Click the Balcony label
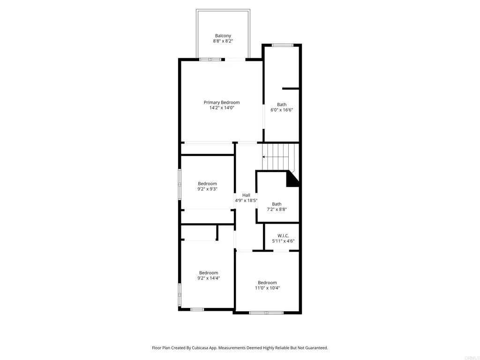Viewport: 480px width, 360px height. (x=223, y=36)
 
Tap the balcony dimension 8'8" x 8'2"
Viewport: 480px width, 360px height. (x=223, y=41)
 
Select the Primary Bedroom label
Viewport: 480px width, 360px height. (x=222, y=103)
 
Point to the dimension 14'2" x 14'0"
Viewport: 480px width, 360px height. (x=222, y=108)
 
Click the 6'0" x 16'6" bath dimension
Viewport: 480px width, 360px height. (x=282, y=110)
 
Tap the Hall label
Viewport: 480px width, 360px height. (x=246, y=195)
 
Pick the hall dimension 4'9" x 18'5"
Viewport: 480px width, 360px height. (x=246, y=201)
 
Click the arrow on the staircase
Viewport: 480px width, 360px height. (x=275, y=157)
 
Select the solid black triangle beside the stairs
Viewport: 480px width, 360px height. (x=292, y=179)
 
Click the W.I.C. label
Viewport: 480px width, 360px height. (x=283, y=236)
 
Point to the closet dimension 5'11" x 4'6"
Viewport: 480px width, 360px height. (x=283, y=241)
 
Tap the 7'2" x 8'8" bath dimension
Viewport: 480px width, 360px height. (x=277, y=210)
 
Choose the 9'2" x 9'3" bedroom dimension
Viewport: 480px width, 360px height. (x=207, y=189)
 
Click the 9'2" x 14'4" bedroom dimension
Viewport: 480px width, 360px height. (x=209, y=278)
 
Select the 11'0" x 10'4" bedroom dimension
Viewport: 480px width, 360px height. (x=267, y=288)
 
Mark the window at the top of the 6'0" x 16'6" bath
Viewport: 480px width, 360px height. (x=283, y=45)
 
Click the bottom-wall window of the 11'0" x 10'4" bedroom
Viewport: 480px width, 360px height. (x=266, y=313)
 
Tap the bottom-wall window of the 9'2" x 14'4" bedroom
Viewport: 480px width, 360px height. (x=197, y=309)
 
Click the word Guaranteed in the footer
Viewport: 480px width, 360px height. (x=317, y=348)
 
